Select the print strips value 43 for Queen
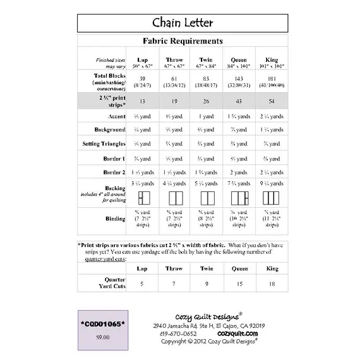pyautogui.click(x=239, y=101)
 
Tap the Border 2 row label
pyautogui.click(x=114, y=172)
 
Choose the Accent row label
pyautogui.click(x=116, y=116)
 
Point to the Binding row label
pyautogui.click(x=114, y=219)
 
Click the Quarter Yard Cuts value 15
pyautogui.click(x=239, y=284)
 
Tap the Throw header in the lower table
pyautogui.click(x=174, y=268)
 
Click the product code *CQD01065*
pyautogui.click(x=104, y=324)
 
